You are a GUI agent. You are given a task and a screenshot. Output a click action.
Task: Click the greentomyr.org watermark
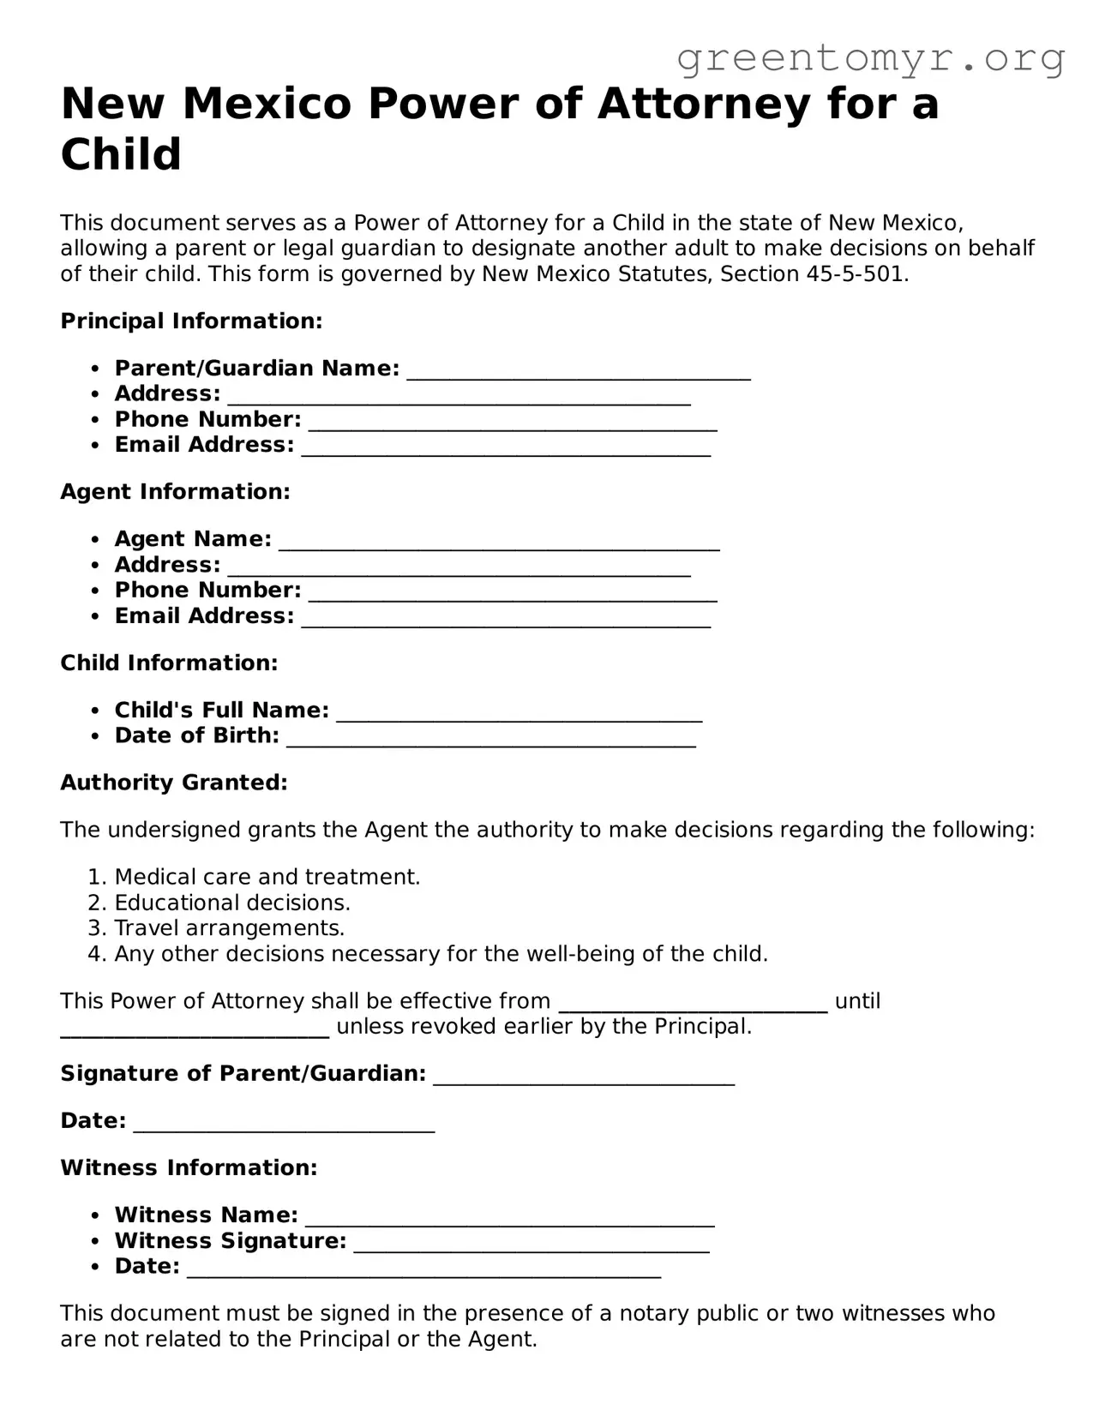tap(870, 58)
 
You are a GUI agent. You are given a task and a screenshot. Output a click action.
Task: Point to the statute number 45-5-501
tap(854, 274)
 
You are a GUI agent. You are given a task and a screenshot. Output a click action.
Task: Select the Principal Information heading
tap(191, 321)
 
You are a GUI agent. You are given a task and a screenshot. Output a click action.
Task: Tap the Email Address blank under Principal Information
tap(506, 448)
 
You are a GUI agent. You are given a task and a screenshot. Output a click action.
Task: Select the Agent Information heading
tap(176, 492)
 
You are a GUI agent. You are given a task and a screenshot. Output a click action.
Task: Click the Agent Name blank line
tap(499, 543)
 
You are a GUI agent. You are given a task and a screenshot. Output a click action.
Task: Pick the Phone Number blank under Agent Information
tap(513, 594)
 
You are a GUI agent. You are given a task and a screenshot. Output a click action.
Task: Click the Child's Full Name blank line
tap(519, 714)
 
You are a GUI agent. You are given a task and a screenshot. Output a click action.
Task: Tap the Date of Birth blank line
tap(490, 740)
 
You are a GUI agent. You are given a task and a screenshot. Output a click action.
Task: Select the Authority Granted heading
tap(174, 783)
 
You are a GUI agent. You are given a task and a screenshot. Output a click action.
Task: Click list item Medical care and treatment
tap(267, 877)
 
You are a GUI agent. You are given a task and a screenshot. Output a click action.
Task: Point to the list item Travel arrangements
tap(229, 928)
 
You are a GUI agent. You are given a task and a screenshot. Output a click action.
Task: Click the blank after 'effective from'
tap(693, 1005)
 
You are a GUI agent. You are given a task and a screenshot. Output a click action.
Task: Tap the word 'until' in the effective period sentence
tap(857, 1001)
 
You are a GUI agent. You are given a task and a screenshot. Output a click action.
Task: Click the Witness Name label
tap(206, 1215)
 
